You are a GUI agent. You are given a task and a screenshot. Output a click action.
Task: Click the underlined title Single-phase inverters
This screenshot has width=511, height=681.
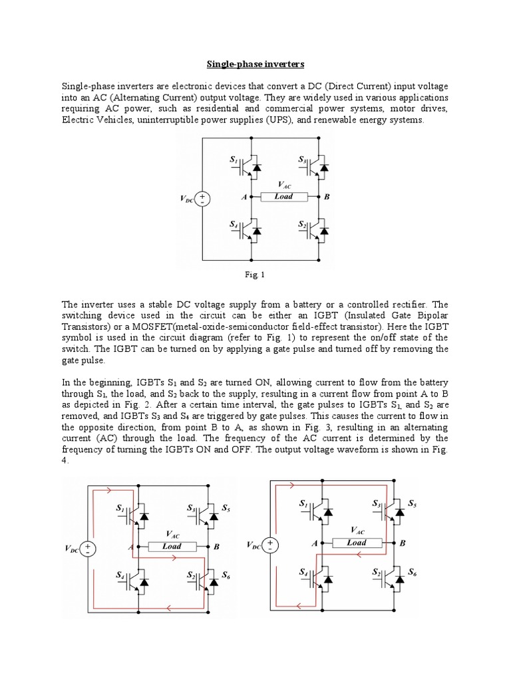pyautogui.click(x=255, y=65)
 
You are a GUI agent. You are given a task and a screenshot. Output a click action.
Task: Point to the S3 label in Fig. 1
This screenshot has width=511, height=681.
pyautogui.click(x=303, y=160)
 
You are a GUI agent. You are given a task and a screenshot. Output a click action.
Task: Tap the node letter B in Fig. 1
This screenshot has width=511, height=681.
pyautogui.click(x=326, y=198)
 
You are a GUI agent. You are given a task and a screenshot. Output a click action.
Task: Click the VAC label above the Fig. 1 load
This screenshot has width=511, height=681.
pyautogui.click(x=283, y=186)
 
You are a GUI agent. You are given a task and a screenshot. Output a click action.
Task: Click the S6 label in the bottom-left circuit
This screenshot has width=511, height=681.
pyautogui.click(x=226, y=575)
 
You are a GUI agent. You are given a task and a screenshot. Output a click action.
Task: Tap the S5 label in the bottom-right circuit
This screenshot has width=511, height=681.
pyautogui.click(x=413, y=503)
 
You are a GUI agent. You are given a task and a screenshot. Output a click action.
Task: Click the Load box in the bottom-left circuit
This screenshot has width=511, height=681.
pyautogui.click(x=172, y=547)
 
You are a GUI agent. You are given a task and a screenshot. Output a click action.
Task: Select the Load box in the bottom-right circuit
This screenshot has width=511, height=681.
pyautogui.click(x=357, y=543)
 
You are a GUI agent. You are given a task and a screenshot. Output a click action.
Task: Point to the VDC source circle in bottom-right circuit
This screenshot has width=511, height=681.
pyautogui.click(x=271, y=545)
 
